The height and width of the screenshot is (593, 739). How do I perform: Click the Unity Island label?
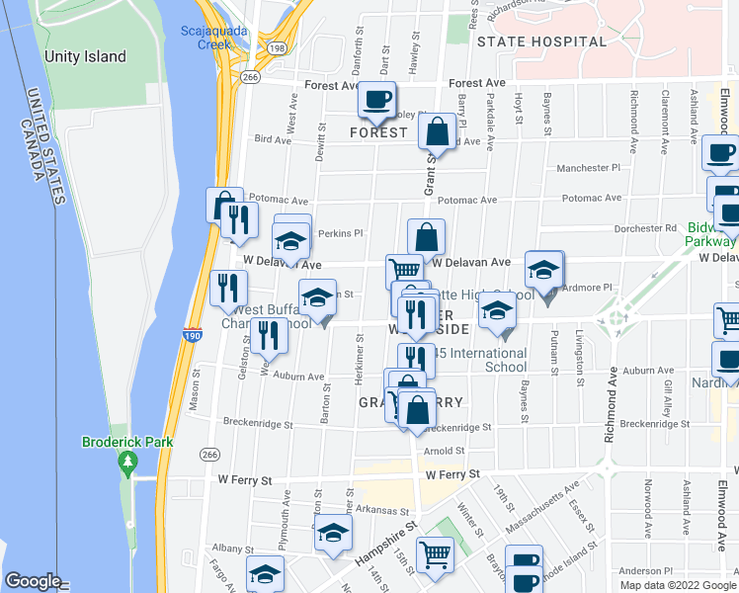point(85,56)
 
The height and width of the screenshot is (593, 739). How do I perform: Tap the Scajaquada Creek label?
point(205,37)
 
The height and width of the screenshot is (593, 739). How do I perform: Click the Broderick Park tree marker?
point(126,462)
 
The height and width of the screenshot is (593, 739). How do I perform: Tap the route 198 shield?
point(278,47)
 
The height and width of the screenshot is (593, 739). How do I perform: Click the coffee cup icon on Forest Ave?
point(376,99)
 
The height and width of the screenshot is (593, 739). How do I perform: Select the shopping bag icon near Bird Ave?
point(436,130)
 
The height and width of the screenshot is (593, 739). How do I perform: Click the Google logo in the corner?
point(33,581)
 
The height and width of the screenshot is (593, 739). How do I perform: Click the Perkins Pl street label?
point(342,234)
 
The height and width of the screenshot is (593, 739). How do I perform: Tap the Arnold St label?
point(444,451)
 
